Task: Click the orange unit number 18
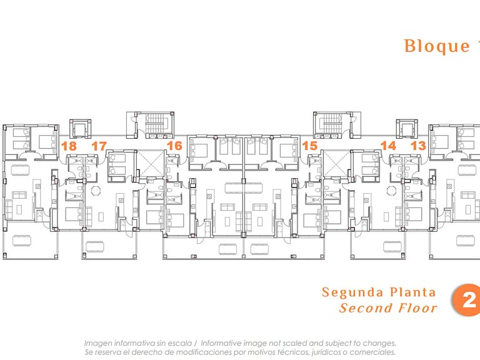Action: pyautogui.click(x=69, y=146)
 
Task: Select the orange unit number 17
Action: pyautogui.click(x=99, y=146)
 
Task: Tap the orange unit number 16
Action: pyautogui.click(x=175, y=146)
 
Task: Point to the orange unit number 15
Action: pyautogui.click(x=309, y=146)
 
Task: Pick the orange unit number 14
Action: pyautogui.click(x=388, y=146)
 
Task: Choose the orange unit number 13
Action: pyautogui.click(x=418, y=146)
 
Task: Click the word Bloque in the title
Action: pyautogui.click(x=437, y=46)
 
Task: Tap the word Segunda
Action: pyautogui.click(x=352, y=292)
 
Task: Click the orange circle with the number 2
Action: pyautogui.click(x=467, y=300)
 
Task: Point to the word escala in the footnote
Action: pyautogui.click(x=181, y=344)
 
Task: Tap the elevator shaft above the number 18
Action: pyautogui.click(x=80, y=129)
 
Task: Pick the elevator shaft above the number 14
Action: pyautogui.click(x=406, y=129)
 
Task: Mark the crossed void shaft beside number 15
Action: pyautogui.click(x=336, y=164)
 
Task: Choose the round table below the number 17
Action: pyautogui.click(x=96, y=191)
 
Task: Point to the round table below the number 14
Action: pyautogui.click(x=391, y=191)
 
